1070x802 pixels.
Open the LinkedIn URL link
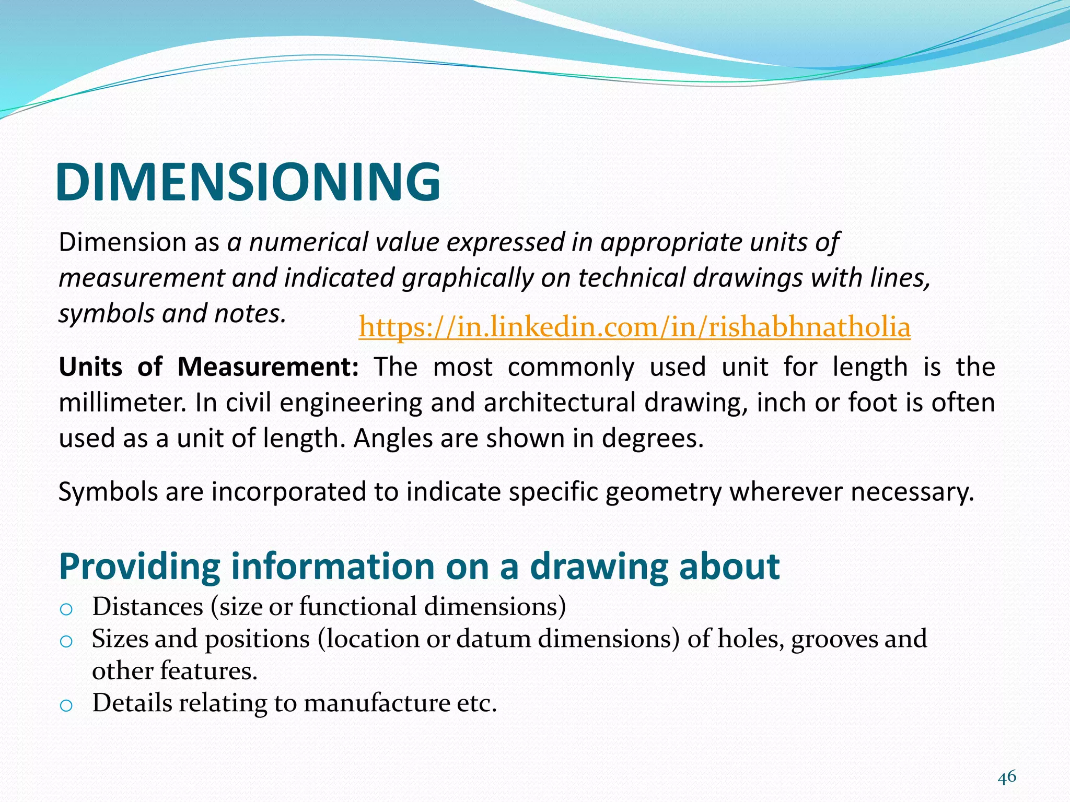point(634,327)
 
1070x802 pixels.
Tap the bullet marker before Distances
point(66,609)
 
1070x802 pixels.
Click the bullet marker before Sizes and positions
point(66,641)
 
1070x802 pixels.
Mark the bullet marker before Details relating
point(66,705)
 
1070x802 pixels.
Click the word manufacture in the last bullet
point(378,703)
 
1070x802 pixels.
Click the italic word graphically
point(467,278)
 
